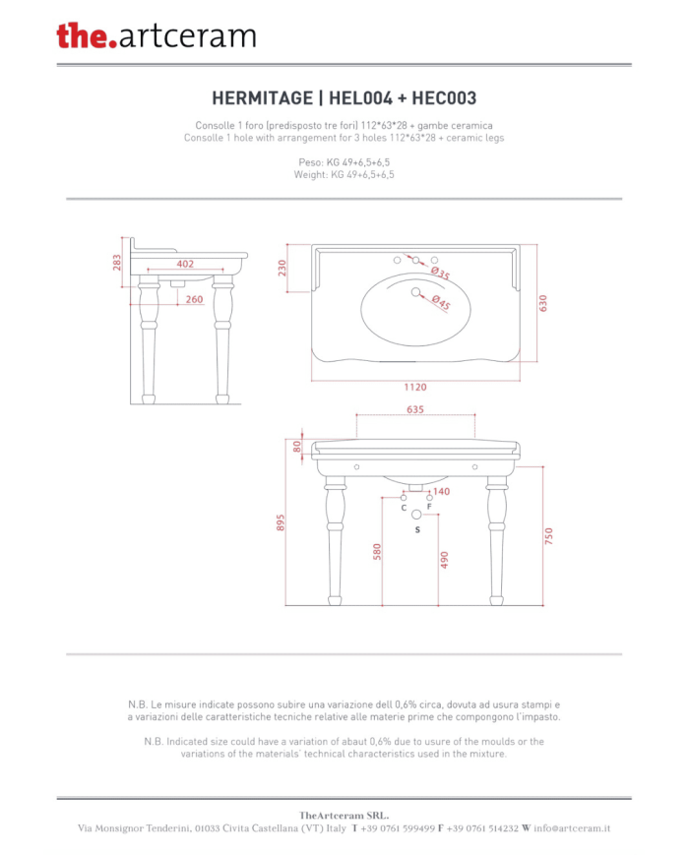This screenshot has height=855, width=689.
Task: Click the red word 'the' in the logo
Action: pyautogui.click(x=82, y=36)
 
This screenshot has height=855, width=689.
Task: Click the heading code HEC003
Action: pyautogui.click(x=444, y=98)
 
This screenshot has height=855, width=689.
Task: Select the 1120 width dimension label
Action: pyautogui.click(x=415, y=387)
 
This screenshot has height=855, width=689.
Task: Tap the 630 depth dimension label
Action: pyautogui.click(x=542, y=303)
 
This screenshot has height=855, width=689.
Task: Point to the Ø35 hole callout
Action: pyautogui.click(x=441, y=273)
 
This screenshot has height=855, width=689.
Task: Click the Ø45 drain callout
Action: pyautogui.click(x=441, y=302)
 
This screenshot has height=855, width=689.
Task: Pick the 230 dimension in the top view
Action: pyautogui.click(x=282, y=268)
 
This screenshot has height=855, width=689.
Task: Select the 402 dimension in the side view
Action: pyautogui.click(x=185, y=264)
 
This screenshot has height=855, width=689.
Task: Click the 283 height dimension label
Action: pyautogui.click(x=117, y=263)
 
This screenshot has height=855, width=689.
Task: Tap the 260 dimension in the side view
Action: pyautogui.click(x=194, y=299)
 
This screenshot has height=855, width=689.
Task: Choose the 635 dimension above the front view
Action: pyautogui.click(x=415, y=409)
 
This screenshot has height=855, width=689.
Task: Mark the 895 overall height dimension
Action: pyautogui.click(x=281, y=522)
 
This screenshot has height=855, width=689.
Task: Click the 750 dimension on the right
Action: pyautogui.click(x=549, y=536)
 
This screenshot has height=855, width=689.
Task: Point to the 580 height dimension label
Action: pyautogui.click(x=377, y=552)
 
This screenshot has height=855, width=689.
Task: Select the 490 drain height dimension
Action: pyautogui.click(x=444, y=560)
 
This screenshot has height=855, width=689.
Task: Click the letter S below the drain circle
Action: pyautogui.click(x=417, y=529)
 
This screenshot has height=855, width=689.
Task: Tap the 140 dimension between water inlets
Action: pyautogui.click(x=441, y=491)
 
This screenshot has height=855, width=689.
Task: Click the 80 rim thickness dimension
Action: pyautogui.click(x=297, y=447)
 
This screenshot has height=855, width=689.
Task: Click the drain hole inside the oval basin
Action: pyautogui.click(x=415, y=292)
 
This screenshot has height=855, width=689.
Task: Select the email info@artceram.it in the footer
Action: pyautogui.click(x=572, y=828)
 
